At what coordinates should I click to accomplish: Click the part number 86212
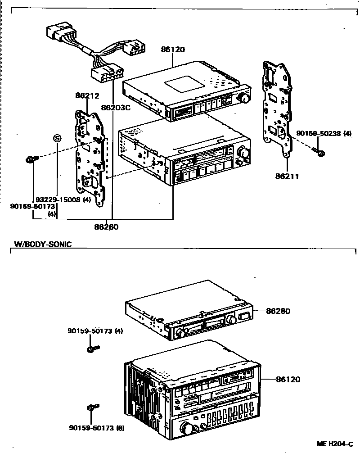tap(87, 96)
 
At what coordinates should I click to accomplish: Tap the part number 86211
tap(287, 177)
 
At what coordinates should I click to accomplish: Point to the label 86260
tap(106, 227)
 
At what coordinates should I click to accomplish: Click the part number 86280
tap(278, 311)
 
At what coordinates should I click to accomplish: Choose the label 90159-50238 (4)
tap(324, 134)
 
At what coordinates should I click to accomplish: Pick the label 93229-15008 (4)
tap(63, 199)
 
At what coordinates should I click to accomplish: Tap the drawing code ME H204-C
tap(333, 444)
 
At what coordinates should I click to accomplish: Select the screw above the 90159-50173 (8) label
tap(92, 408)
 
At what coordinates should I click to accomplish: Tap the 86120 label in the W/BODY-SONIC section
tap(287, 380)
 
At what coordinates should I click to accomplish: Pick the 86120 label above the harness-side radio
tap(172, 49)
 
